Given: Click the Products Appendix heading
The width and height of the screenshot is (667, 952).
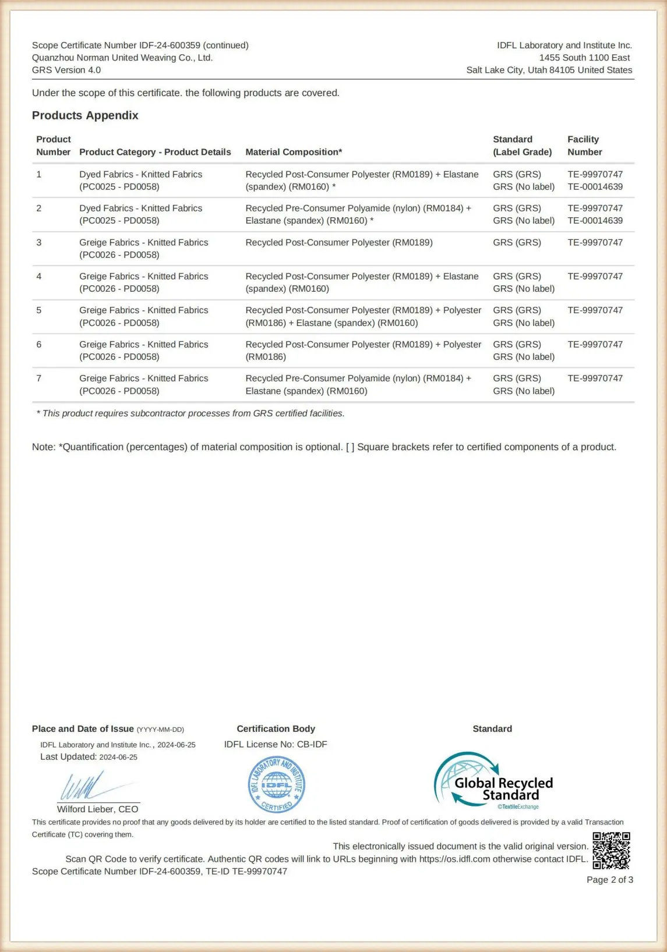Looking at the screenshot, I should point(85,115).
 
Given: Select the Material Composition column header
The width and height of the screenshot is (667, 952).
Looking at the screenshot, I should point(294,152).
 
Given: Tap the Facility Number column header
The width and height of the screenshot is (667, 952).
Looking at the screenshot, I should point(584,146).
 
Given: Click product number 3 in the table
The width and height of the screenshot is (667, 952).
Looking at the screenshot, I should point(39,242).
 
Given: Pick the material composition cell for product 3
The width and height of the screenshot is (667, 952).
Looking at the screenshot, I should point(339,242).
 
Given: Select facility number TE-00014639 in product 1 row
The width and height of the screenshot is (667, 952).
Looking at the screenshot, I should point(595,187).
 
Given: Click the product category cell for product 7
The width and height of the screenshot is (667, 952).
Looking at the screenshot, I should point(143,384).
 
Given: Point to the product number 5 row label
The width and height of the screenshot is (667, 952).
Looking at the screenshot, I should point(39,310).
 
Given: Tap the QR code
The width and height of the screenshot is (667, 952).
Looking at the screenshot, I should point(611,851).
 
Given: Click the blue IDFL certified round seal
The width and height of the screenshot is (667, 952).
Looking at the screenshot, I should point(276,785).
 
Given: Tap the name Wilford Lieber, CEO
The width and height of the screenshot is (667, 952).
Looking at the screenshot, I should point(97,809).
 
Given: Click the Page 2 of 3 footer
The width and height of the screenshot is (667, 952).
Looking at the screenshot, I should point(609,880).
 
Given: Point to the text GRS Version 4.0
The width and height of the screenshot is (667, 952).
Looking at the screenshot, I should point(66,70).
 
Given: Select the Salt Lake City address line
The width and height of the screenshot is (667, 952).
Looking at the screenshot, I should point(549,70).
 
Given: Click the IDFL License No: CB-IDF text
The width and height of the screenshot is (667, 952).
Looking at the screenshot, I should point(276,744).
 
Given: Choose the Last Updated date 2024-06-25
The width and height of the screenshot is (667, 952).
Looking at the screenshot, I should point(118,757).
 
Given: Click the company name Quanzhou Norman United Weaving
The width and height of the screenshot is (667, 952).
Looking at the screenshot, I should point(122,58).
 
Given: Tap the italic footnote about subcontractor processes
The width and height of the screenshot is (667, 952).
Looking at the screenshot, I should point(190,413).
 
